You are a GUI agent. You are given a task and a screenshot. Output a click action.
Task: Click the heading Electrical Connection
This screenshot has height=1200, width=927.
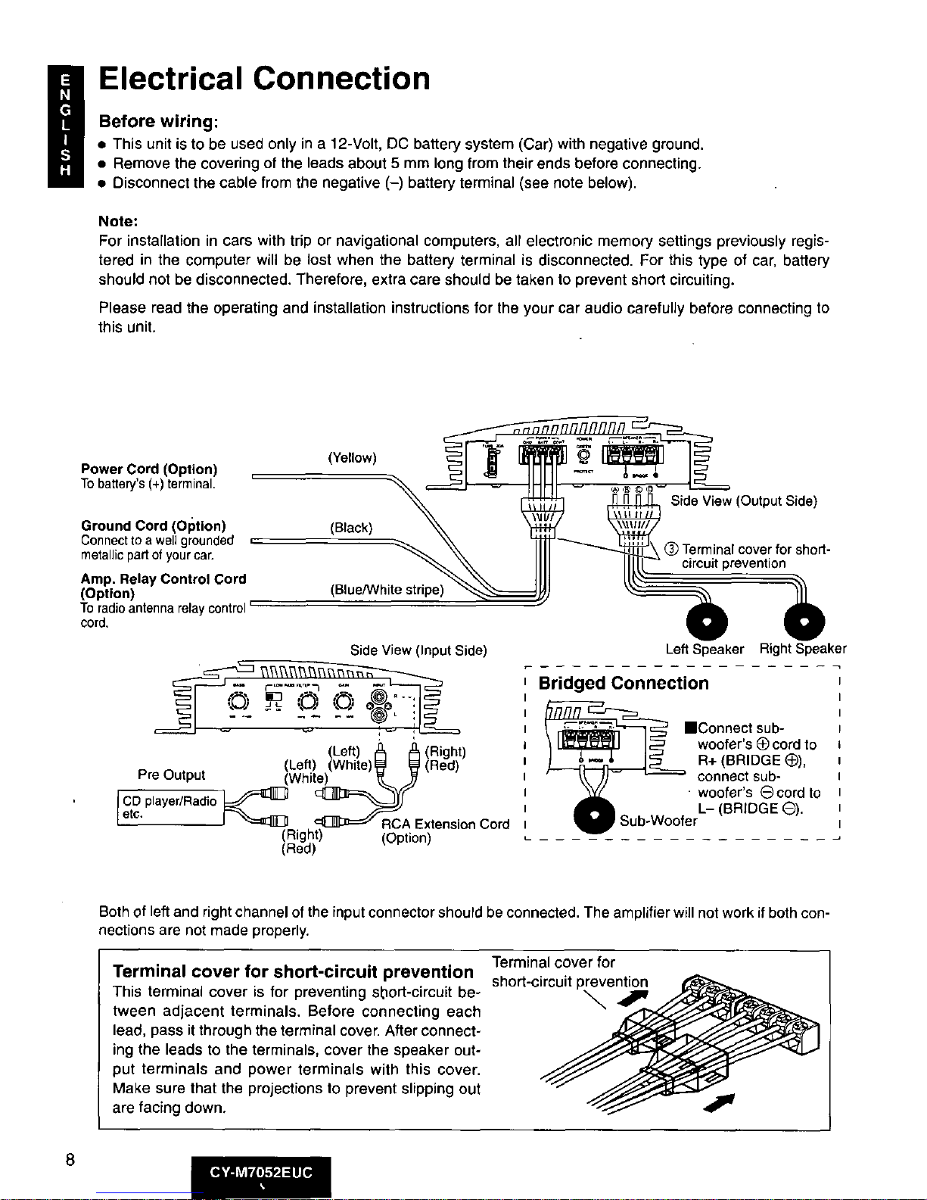click(264, 79)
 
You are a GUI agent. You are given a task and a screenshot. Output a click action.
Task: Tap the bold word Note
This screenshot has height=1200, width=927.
click(117, 221)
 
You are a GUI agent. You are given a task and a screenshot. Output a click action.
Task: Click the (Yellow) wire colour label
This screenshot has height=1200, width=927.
click(352, 457)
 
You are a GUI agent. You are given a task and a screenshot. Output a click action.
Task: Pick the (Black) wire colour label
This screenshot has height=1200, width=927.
click(351, 527)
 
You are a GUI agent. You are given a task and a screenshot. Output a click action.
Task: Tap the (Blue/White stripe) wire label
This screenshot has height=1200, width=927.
click(387, 590)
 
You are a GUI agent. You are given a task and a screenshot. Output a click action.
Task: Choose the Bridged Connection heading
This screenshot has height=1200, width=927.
click(624, 684)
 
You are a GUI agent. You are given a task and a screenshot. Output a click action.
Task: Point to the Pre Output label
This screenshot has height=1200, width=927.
click(171, 775)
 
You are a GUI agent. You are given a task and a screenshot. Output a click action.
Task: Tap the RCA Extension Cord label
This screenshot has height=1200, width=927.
click(445, 824)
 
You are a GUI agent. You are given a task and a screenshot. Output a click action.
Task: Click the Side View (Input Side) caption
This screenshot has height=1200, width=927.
click(418, 650)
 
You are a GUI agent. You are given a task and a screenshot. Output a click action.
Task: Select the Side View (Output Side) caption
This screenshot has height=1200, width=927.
click(744, 500)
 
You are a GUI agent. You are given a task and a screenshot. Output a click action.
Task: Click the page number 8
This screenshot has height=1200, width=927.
click(70, 1161)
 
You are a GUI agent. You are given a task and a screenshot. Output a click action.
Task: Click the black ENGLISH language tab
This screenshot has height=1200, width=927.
click(67, 125)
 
